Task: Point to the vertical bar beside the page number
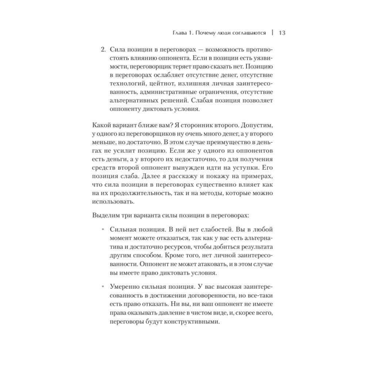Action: pos(272,33)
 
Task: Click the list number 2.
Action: pos(103,50)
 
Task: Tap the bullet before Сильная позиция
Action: pos(103,230)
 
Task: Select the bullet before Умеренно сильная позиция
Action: pos(103,287)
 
